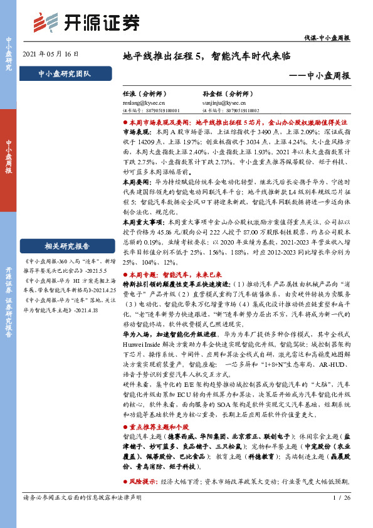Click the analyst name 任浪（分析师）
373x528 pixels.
[x=144, y=92]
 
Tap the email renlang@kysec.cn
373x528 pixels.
[x=144, y=100]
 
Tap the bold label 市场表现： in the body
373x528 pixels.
[x=137, y=134]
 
